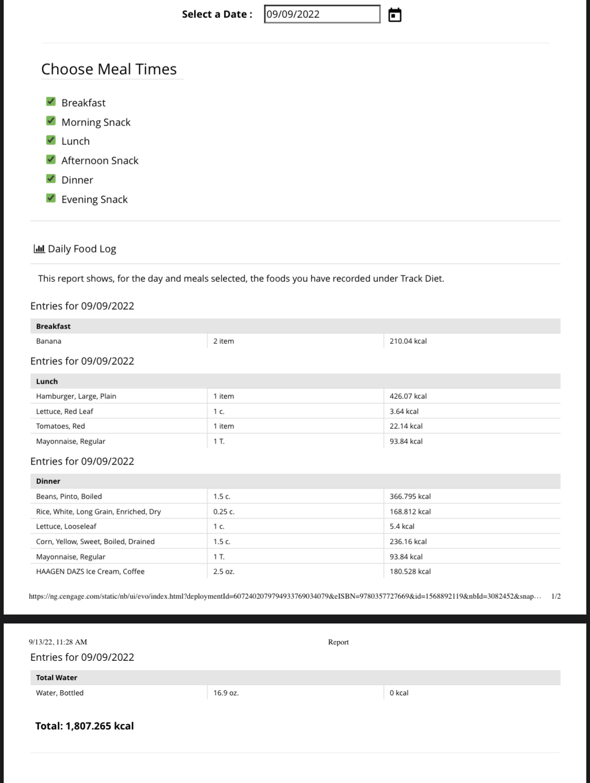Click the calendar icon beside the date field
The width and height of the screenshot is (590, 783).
coord(395,15)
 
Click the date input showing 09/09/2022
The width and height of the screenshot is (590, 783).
coord(321,14)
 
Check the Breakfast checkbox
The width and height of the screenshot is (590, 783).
coord(51,102)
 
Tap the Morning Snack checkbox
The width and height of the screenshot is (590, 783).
coord(51,121)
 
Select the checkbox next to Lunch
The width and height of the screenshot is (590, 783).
coord(51,140)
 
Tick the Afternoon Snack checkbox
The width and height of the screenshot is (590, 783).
coord(51,160)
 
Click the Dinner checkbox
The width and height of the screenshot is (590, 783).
coord(51,179)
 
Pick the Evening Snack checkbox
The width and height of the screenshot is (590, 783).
coord(51,198)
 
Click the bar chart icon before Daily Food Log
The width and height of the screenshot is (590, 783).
coord(39,249)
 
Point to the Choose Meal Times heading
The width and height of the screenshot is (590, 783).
coord(109,69)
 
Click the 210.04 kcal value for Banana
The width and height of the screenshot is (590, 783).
coord(408,341)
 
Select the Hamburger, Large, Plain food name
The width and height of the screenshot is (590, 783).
coord(76,396)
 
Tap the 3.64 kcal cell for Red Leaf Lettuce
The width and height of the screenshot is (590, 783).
coord(404,411)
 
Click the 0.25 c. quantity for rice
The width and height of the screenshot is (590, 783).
coord(224,512)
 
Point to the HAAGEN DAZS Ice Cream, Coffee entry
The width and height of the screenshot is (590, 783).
coord(90,572)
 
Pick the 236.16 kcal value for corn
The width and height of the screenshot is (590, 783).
coord(408,542)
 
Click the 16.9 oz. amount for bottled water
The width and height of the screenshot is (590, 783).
coord(226,693)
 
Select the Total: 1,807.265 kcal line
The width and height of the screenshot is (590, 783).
coord(84,726)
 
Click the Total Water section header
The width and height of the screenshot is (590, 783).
coord(57,678)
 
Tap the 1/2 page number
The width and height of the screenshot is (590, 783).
coord(556,596)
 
